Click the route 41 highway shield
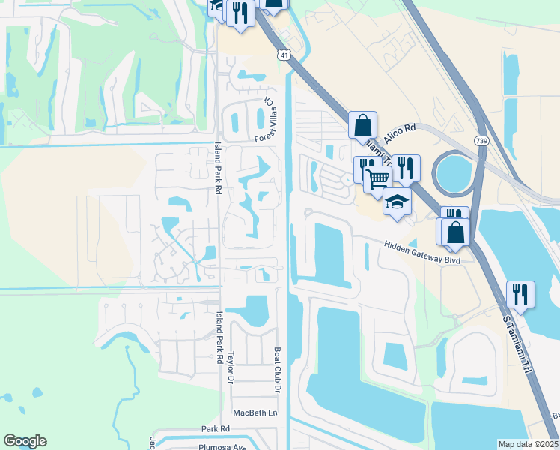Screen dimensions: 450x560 (x=283, y=55)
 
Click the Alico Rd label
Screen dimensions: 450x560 (x=399, y=136)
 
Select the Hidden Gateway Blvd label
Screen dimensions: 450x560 (x=421, y=251)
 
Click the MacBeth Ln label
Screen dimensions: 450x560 (x=255, y=412)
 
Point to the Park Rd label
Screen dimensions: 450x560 (x=215, y=429)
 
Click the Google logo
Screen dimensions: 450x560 (x=25, y=441)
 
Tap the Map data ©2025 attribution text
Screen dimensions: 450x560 (x=528, y=444)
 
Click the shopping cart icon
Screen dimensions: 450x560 (x=377, y=179)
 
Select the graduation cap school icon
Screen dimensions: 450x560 (x=398, y=202)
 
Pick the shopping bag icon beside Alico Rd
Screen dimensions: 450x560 (x=362, y=125)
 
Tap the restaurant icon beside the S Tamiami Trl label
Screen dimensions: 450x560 (x=520, y=295)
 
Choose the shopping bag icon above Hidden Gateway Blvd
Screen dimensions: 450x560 (x=456, y=232)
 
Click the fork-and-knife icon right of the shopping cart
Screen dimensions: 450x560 (x=405, y=167)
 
